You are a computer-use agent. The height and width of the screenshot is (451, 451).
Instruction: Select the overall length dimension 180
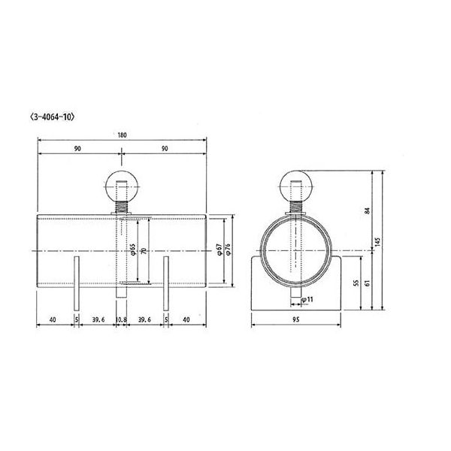pyautogui.click(x=123, y=135)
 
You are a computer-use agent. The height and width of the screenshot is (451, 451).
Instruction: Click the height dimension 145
pyautogui.click(x=379, y=241)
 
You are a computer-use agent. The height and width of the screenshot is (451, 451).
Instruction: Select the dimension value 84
pyautogui.click(x=368, y=210)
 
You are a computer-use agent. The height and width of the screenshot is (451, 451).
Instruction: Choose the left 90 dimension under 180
pyautogui.click(x=78, y=150)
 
